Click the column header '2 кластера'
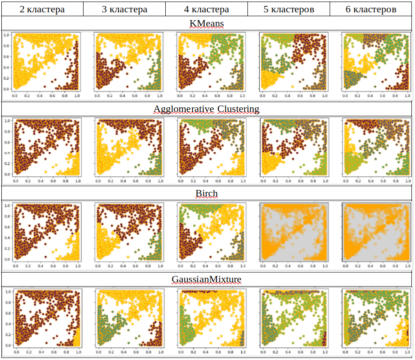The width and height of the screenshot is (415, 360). [x=42, y=9]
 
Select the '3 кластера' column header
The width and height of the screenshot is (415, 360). [x=125, y=9]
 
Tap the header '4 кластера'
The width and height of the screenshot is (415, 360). [x=206, y=9]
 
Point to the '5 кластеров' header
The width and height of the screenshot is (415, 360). [x=289, y=9]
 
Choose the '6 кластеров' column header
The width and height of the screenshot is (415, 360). [x=371, y=9]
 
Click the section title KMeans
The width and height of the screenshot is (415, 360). [x=206, y=23]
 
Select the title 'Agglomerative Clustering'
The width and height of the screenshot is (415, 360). [x=206, y=109]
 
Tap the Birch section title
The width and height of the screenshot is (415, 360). [x=206, y=193]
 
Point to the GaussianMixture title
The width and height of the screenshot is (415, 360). [x=206, y=279]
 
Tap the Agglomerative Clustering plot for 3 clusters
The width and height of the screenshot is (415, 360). [x=128, y=147]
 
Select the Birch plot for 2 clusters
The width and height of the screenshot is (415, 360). [x=47, y=232]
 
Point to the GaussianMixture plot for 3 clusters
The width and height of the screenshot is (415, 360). [x=128, y=318]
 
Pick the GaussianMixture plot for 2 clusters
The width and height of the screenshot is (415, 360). [x=47, y=318]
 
